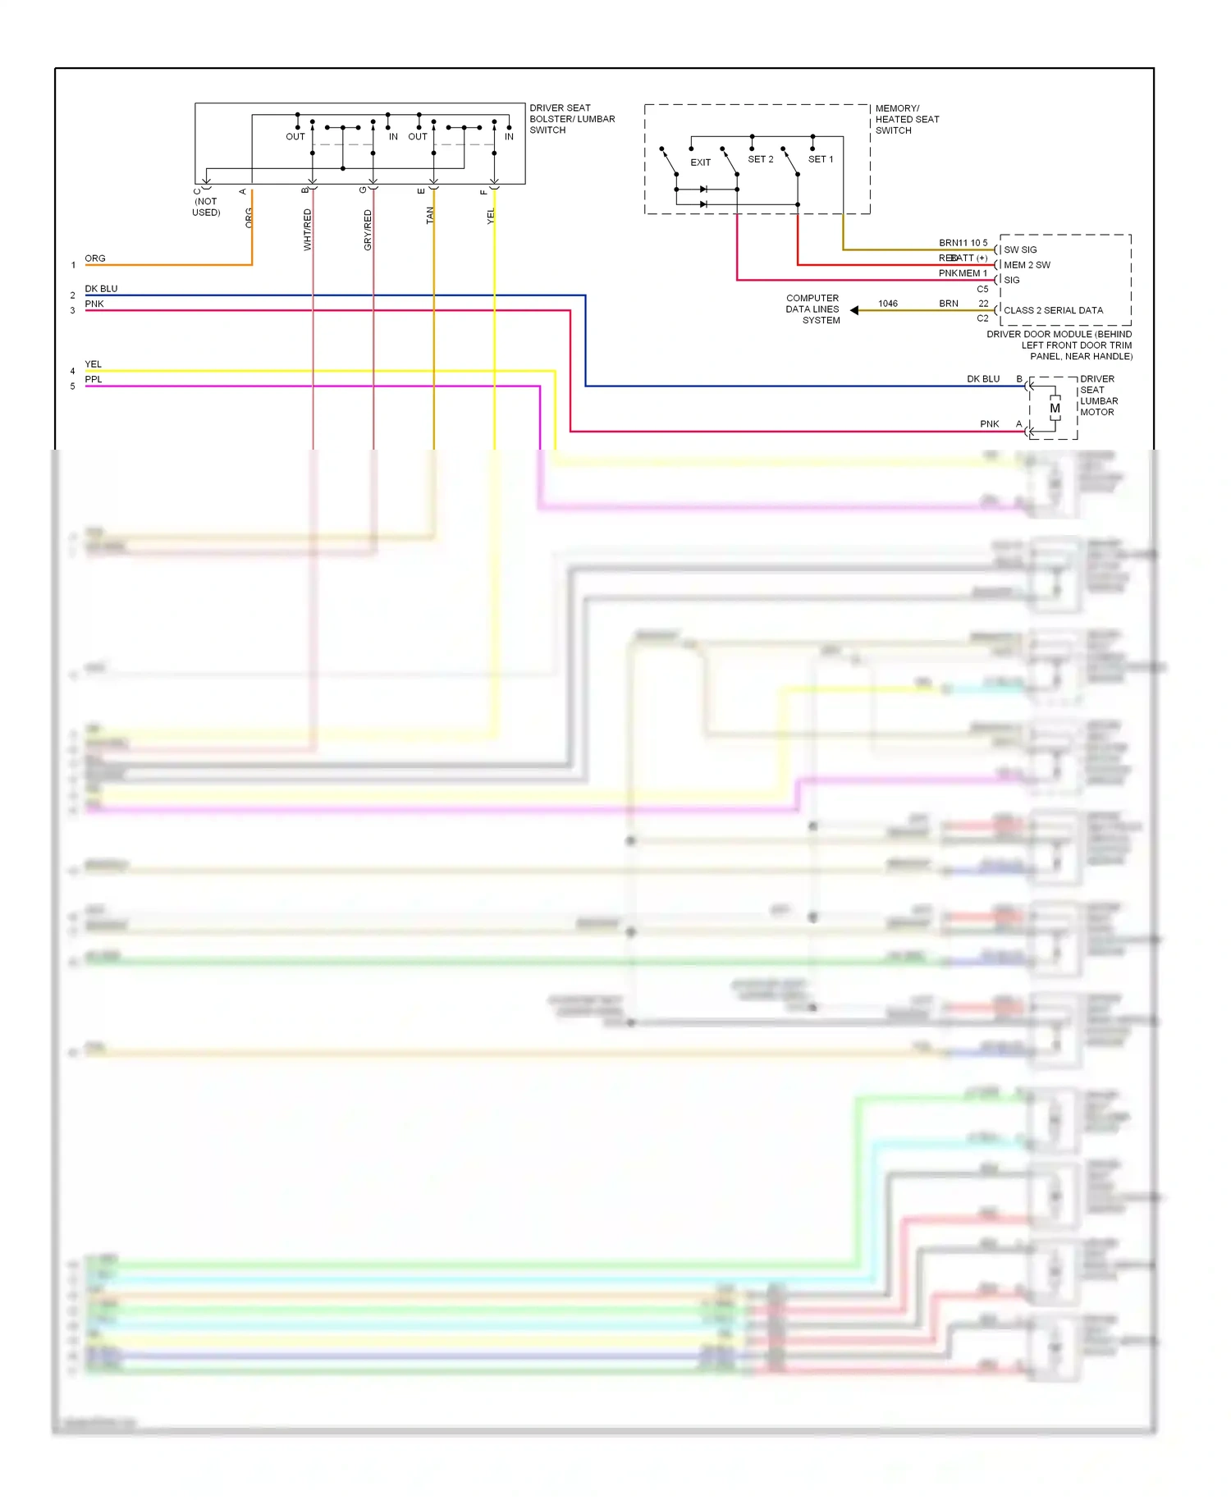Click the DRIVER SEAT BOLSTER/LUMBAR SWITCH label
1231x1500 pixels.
pyautogui.click(x=571, y=119)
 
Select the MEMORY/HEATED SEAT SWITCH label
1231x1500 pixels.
pyautogui.click(x=906, y=119)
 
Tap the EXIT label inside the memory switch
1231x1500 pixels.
pyautogui.click(x=700, y=162)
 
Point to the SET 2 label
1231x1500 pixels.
pyautogui.click(x=760, y=159)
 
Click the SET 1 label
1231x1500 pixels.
pyautogui.click(x=820, y=159)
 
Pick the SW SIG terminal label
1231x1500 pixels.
pyautogui.click(x=1020, y=249)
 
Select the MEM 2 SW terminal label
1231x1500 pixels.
pyautogui.click(x=1027, y=265)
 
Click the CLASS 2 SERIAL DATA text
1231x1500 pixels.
pyautogui.click(x=1053, y=310)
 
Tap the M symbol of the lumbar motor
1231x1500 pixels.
pyautogui.click(x=1055, y=408)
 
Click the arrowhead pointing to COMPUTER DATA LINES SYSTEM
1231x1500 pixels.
pyautogui.click(x=854, y=310)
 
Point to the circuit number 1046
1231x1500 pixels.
pyautogui.click(x=887, y=304)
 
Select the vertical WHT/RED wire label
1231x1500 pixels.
pyautogui.click(x=308, y=229)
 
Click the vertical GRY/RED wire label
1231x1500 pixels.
pyautogui.click(x=368, y=230)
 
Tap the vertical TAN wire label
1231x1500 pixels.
pyautogui.click(x=429, y=216)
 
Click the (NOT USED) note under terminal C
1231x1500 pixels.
pyautogui.click(x=206, y=207)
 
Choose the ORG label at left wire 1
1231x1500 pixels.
pyautogui.click(x=95, y=258)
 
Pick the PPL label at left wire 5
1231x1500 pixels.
pyautogui.click(x=94, y=379)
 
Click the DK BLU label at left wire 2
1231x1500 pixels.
pyautogui.click(x=101, y=289)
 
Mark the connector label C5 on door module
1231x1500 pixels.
pyautogui.click(x=982, y=289)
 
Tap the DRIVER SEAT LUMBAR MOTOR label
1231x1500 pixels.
pyautogui.click(x=1097, y=396)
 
